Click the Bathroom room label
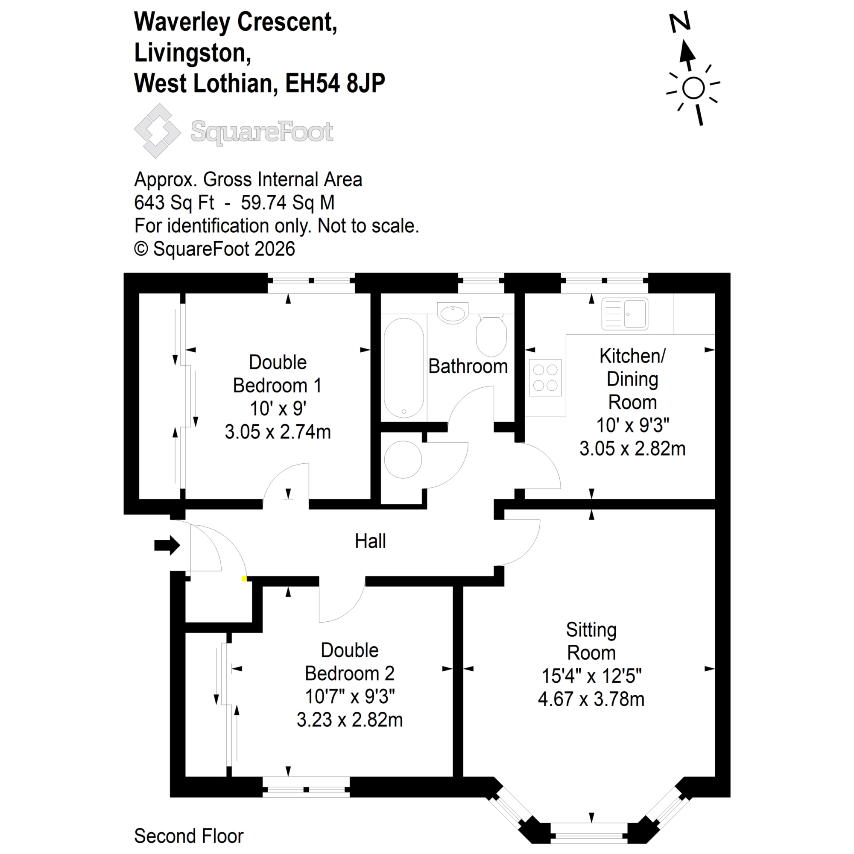[x=468, y=366]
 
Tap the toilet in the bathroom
[x=491, y=336]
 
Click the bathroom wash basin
[x=452, y=313]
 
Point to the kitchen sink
[x=625, y=314]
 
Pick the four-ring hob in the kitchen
[x=545, y=377]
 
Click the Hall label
[x=370, y=541]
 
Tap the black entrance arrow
[x=167, y=545]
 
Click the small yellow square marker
[x=244, y=579]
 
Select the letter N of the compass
[x=679, y=23]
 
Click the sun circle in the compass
[x=693, y=88]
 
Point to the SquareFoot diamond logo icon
[x=158, y=131]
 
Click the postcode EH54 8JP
[x=335, y=83]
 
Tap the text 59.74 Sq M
[x=287, y=203]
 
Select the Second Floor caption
[x=189, y=836]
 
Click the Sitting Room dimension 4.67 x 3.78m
[x=591, y=699]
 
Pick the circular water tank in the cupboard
[x=403, y=459]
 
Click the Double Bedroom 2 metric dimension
[x=349, y=720]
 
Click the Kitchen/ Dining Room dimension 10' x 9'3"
[x=632, y=425]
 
